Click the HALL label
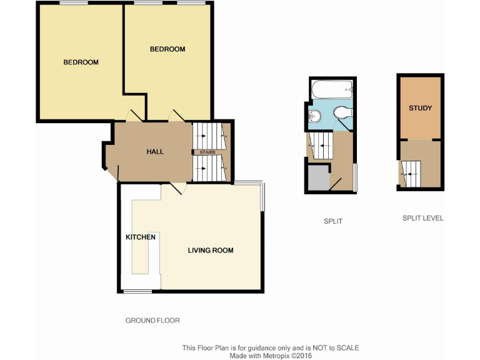155,152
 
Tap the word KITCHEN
141,237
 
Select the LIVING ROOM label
211,251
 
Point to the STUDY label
420,108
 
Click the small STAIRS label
207,152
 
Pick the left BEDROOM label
81,62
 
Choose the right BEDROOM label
167,49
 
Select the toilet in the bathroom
342,112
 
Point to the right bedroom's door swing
176,116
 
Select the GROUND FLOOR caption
152,321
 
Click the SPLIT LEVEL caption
422,219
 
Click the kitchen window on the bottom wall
137,291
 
